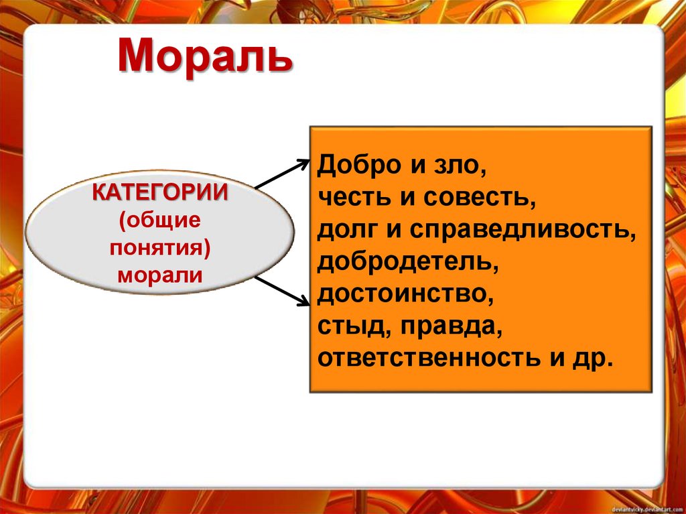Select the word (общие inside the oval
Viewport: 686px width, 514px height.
159,220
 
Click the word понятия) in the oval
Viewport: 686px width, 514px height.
159,247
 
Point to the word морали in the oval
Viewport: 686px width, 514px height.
159,274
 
